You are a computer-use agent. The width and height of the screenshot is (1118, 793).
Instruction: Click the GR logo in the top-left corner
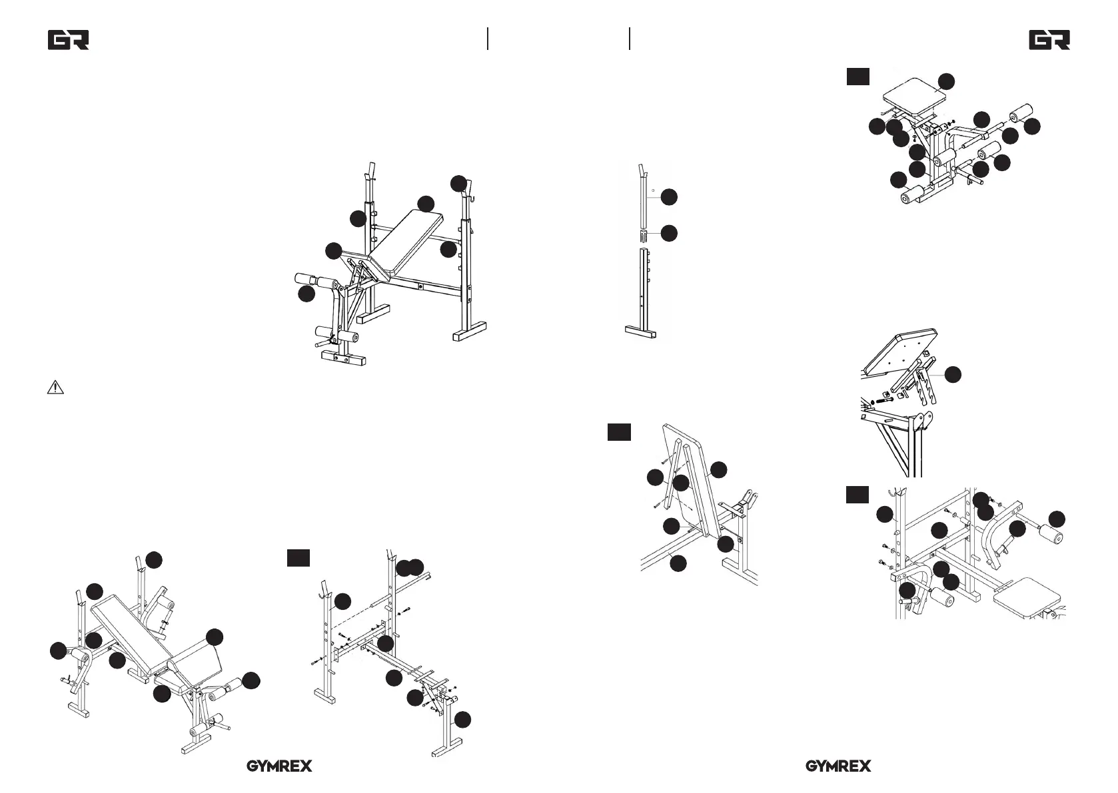click(x=69, y=40)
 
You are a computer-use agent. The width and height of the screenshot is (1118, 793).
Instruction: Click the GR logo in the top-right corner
click(x=1049, y=40)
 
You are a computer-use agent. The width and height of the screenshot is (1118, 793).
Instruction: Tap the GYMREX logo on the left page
click(x=280, y=766)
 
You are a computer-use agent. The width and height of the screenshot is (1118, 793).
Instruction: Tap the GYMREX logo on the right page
click(x=838, y=766)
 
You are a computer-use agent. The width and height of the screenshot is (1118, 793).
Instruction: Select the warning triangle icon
click(x=55, y=388)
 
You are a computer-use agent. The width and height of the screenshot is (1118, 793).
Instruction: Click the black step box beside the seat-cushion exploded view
click(x=858, y=77)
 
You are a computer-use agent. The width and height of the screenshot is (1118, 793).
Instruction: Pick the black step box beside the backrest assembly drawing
click(x=619, y=432)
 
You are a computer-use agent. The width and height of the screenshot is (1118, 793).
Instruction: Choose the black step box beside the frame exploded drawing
click(x=298, y=558)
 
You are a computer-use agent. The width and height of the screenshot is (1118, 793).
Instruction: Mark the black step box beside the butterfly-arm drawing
click(x=857, y=495)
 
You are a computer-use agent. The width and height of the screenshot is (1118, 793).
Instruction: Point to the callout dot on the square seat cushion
click(x=946, y=82)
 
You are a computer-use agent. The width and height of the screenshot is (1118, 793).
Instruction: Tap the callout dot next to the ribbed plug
click(x=669, y=233)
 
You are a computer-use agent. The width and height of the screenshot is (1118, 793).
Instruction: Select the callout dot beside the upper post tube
click(x=669, y=197)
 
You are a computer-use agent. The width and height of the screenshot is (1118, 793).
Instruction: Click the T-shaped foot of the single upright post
click(x=641, y=332)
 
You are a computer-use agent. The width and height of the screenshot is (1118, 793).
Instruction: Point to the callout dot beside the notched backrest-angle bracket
click(x=953, y=375)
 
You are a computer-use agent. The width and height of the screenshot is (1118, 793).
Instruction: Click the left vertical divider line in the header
click(x=488, y=39)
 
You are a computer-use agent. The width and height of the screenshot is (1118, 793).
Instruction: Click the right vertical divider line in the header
click(x=630, y=39)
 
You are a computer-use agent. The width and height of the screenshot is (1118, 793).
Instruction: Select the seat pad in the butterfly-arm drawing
click(x=1027, y=599)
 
